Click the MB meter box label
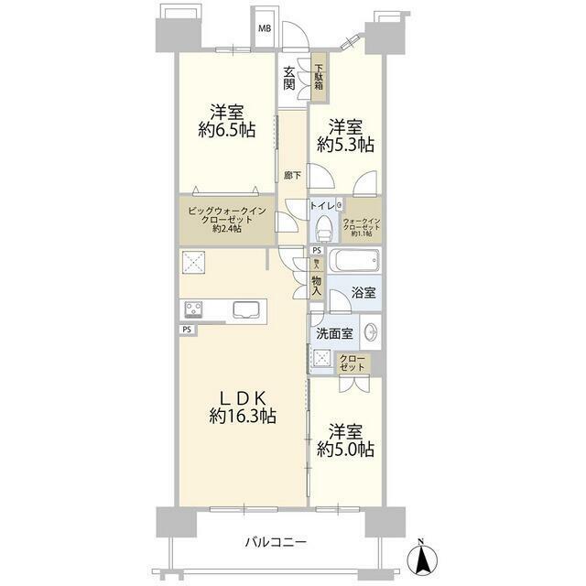tap(264, 28)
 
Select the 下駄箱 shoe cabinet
tap(320, 80)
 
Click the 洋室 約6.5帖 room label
tap(224, 121)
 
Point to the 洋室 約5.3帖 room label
tap(345, 135)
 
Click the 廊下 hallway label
tap(292, 175)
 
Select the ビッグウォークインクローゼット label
tap(226, 220)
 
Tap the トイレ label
tap(322, 207)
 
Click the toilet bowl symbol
tap(323, 229)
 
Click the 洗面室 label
tap(332, 332)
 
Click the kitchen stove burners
tap(194, 309)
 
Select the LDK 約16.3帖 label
tap(241, 407)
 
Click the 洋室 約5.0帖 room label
tap(345, 439)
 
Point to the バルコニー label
tap(275, 542)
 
